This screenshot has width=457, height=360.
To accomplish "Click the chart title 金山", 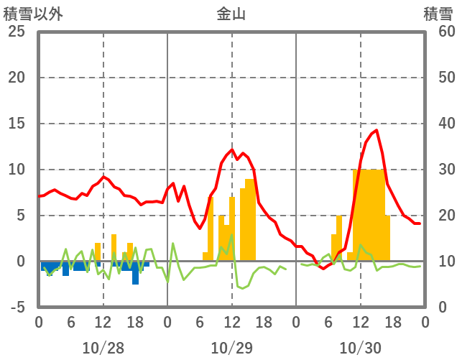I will (231, 14).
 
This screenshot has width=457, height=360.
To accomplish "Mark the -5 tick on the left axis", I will (17, 307).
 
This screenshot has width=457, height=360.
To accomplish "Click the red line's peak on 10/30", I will (375, 130).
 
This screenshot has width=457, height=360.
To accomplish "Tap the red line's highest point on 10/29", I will (232, 149).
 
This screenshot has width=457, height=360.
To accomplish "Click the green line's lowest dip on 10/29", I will (241, 288).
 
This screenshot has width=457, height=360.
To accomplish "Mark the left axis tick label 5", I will (20, 216).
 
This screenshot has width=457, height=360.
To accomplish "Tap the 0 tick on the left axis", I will (20, 262).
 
